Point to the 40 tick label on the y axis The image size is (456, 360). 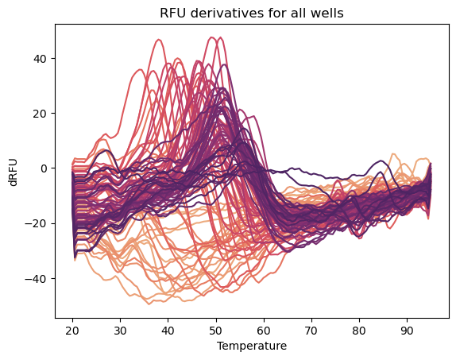click(x=38, y=58)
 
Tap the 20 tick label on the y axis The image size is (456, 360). click(x=38, y=113)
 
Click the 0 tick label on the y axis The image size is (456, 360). click(x=42, y=168)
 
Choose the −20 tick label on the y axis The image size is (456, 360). click(x=35, y=223)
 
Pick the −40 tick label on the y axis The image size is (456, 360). click(x=35, y=278)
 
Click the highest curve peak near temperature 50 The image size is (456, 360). click(x=213, y=37)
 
